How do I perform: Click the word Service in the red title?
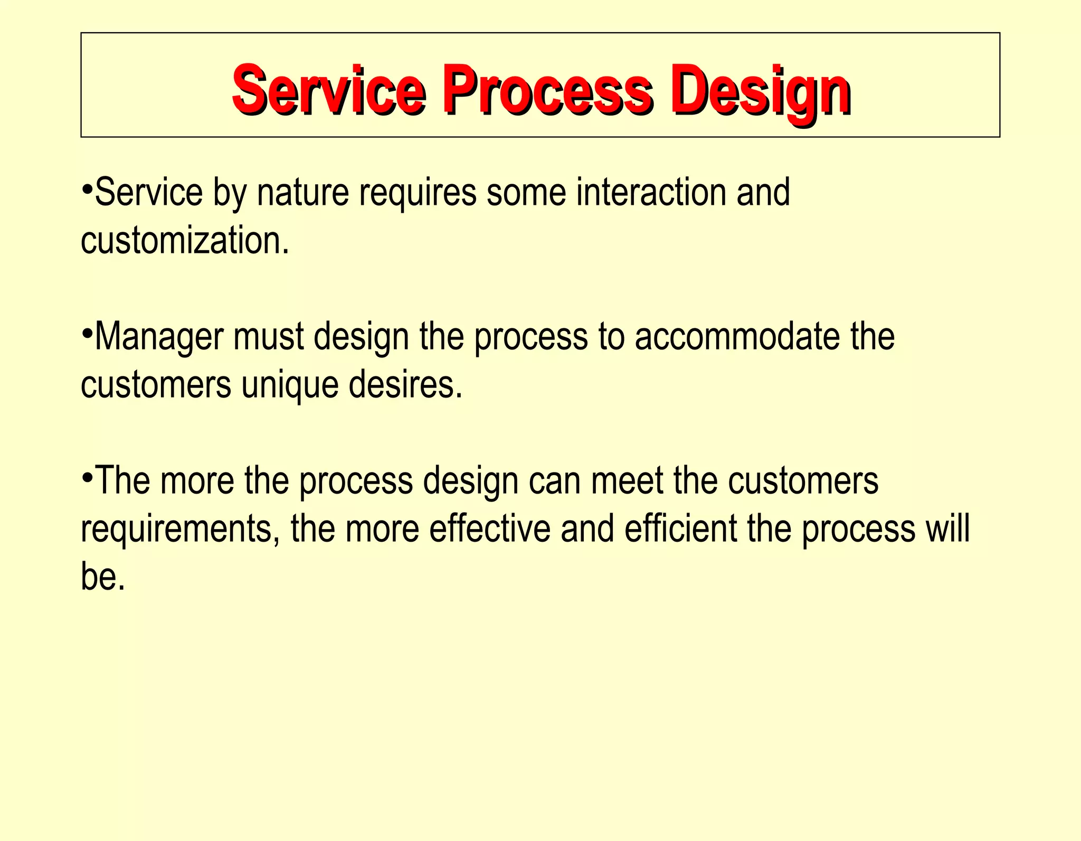[328, 90]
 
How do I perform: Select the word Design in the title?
[760, 90]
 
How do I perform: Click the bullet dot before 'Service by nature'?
[88, 188]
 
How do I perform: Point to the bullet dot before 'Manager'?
[88, 333]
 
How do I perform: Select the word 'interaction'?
[651, 192]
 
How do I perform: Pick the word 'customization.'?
[185, 241]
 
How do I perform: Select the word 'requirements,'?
[180, 530]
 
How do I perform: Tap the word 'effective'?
[489, 529]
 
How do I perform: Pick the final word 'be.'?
[103, 577]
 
